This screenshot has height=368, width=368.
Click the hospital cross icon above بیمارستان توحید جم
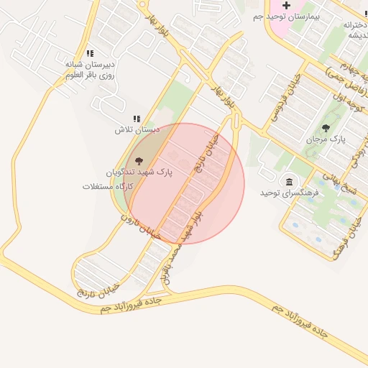(286, 5)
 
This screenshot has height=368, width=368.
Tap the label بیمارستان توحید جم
(286, 17)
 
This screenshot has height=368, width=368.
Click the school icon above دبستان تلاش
(137, 119)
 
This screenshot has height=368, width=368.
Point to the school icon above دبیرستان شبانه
(90, 53)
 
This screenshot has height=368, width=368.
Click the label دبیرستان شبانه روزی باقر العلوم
(90, 69)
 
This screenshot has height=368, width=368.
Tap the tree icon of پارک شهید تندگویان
(139, 161)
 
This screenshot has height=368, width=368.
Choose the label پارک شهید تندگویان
(140, 173)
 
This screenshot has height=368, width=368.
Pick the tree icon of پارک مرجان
(326, 128)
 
